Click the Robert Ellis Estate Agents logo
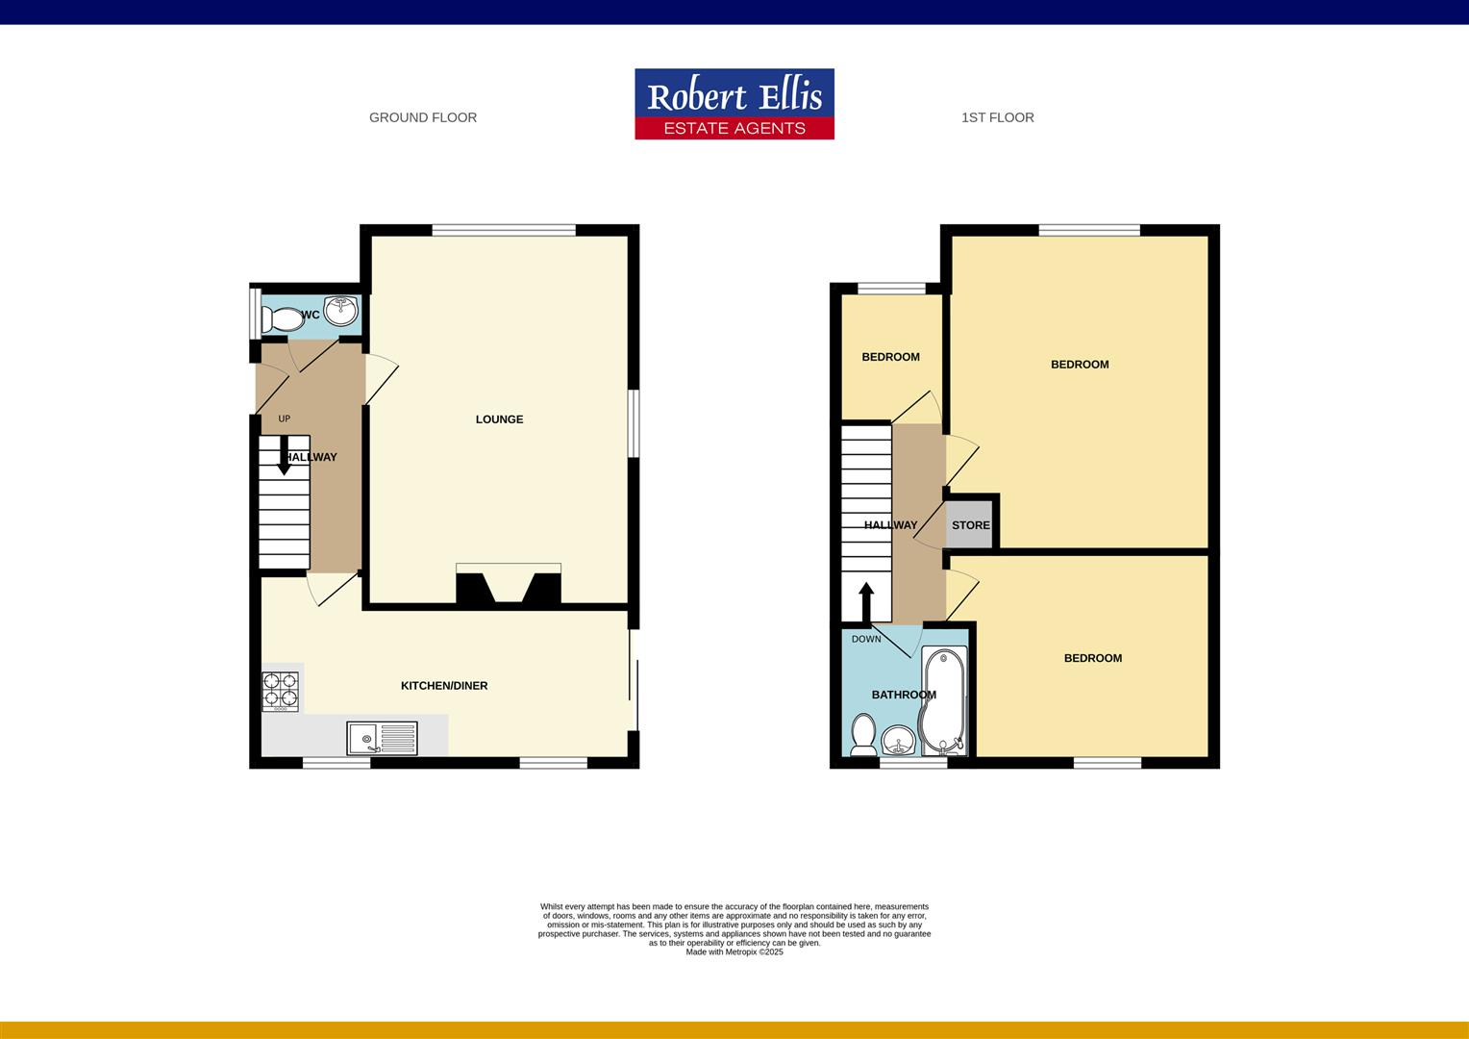point(734,104)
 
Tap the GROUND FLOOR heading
point(423,117)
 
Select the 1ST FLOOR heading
point(997,117)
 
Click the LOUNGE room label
point(499,419)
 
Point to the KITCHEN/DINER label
point(444,686)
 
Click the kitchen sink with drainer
point(382,739)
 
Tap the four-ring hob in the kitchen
point(281,690)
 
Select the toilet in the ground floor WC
point(282,318)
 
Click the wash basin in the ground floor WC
point(340,312)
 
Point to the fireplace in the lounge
point(508,586)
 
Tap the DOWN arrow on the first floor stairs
point(865,602)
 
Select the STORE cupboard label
point(970,525)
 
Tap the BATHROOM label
point(903,695)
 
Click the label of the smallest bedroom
point(890,357)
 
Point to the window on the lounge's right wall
point(633,423)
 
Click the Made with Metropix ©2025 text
point(734,952)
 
